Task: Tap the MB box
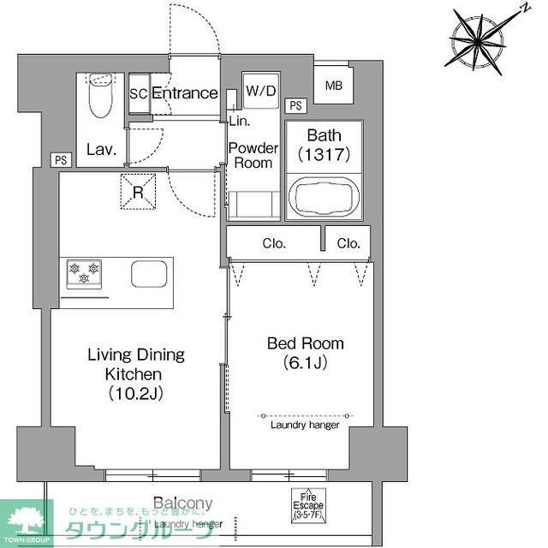[x=332, y=86]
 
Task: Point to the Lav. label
[x=100, y=149]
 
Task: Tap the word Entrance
[x=184, y=93]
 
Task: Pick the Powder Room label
[x=253, y=155]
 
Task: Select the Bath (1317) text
[x=325, y=145]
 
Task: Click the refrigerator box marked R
[x=138, y=190]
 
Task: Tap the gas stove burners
[x=84, y=272]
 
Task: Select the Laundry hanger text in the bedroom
[x=305, y=425]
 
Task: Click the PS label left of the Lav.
[x=60, y=159]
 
